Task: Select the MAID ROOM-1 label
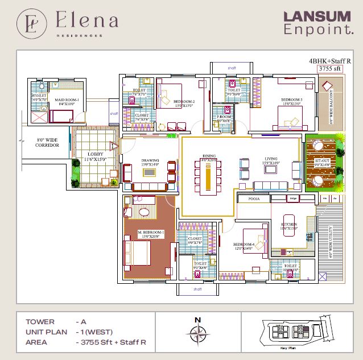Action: tap(67, 101)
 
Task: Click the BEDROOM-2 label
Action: tap(184, 103)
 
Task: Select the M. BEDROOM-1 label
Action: tap(151, 233)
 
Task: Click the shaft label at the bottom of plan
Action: tap(197, 289)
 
